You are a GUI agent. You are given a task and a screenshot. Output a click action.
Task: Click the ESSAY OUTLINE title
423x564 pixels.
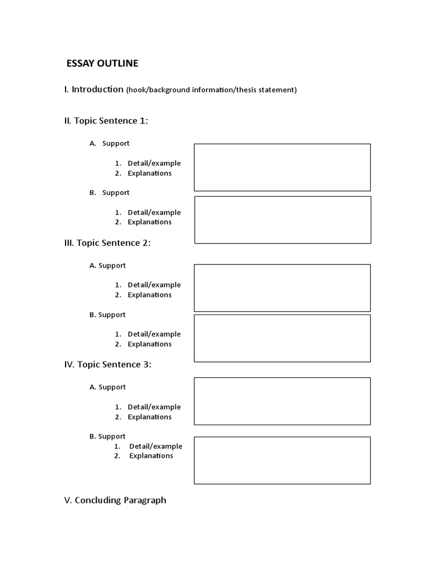(x=102, y=63)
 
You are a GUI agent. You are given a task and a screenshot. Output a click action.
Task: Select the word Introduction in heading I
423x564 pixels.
(x=97, y=89)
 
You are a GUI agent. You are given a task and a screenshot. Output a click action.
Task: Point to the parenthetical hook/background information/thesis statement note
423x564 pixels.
(x=211, y=90)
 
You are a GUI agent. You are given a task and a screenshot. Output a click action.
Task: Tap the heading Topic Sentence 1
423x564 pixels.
(x=112, y=121)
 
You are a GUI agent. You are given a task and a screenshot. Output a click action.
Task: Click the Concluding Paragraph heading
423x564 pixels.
(x=120, y=500)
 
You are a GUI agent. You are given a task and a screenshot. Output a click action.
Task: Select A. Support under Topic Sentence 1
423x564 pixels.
(x=110, y=143)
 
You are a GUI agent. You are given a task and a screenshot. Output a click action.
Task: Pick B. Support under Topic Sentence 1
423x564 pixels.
(x=110, y=193)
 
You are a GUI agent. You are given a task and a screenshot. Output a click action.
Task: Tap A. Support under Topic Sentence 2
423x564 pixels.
(x=107, y=265)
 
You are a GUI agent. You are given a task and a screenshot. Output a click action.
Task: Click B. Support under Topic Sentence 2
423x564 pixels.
(x=107, y=315)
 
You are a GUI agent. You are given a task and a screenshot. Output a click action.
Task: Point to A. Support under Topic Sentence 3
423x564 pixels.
(x=107, y=387)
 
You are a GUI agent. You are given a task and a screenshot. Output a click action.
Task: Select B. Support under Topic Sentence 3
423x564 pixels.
(x=107, y=436)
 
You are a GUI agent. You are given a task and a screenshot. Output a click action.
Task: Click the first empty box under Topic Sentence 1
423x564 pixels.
(x=282, y=167)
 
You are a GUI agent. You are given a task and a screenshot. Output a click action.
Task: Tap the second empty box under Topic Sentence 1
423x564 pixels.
(x=283, y=220)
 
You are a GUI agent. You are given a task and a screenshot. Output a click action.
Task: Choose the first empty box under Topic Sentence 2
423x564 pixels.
(x=282, y=288)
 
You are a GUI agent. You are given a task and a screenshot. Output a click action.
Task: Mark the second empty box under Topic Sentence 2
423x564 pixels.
(x=282, y=338)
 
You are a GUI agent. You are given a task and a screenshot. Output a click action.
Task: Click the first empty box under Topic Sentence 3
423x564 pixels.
(x=282, y=401)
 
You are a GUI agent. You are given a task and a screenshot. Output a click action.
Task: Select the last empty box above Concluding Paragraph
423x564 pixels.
(x=282, y=460)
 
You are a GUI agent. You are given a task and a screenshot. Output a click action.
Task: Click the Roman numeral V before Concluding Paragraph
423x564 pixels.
(x=67, y=500)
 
